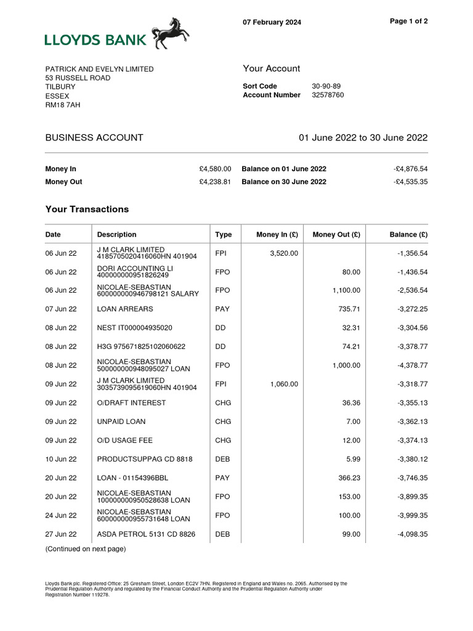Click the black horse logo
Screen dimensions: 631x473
click(x=171, y=33)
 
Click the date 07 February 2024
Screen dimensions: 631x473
click(x=272, y=23)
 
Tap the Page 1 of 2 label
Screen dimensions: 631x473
click(x=409, y=21)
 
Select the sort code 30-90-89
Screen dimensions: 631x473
click(x=326, y=86)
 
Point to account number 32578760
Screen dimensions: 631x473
click(x=328, y=95)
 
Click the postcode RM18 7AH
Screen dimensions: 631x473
click(x=63, y=105)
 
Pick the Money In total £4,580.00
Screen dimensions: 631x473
click(x=215, y=169)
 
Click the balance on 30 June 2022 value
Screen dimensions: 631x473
click(x=410, y=182)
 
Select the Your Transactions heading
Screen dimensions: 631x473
click(x=87, y=210)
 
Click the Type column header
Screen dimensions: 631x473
click(x=223, y=235)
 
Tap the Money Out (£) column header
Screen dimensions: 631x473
click(x=336, y=235)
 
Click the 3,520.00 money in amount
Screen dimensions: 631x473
click(x=284, y=253)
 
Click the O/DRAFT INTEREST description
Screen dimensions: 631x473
click(x=131, y=403)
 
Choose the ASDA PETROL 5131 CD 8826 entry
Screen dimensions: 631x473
click(x=146, y=534)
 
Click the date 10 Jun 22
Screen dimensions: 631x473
click(x=61, y=459)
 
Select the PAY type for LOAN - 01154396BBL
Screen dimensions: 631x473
click(x=222, y=478)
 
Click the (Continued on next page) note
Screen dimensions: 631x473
click(x=85, y=549)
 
